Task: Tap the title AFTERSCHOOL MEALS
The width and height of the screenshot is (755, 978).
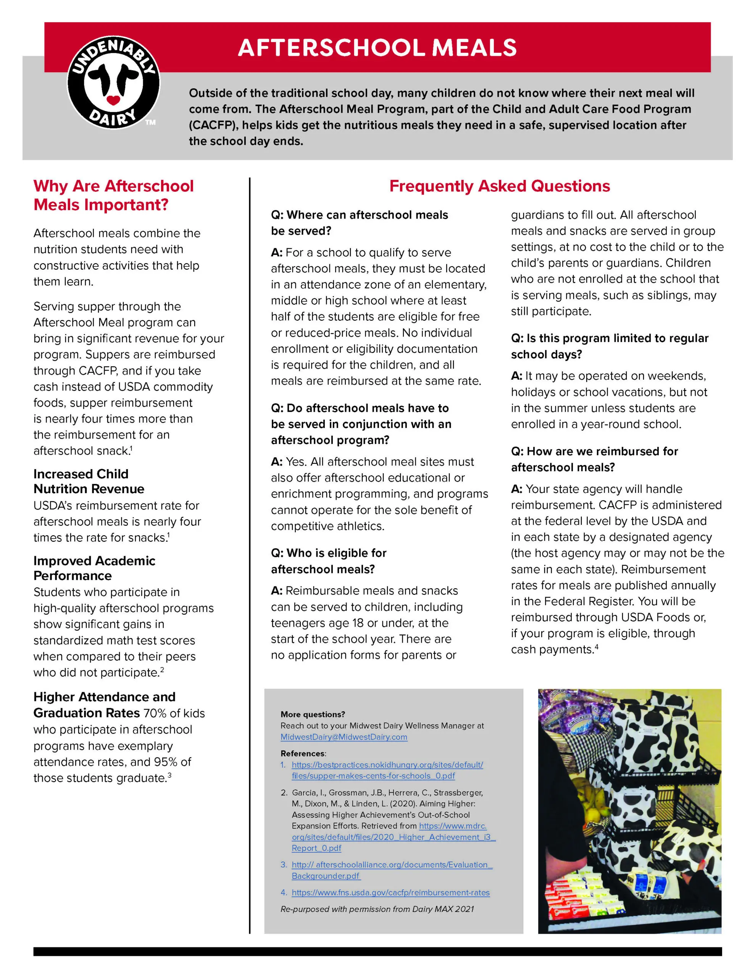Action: pyautogui.click(x=377, y=47)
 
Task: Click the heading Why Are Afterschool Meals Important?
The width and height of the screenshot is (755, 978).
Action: pyautogui.click(x=113, y=195)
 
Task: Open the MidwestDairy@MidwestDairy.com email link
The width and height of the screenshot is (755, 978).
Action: pyautogui.click(x=344, y=737)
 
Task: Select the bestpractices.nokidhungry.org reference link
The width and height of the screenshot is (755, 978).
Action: pyautogui.click(x=387, y=770)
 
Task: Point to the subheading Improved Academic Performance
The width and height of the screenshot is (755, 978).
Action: pyautogui.click(x=94, y=568)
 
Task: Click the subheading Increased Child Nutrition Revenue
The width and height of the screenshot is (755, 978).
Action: pyautogui.click(x=89, y=481)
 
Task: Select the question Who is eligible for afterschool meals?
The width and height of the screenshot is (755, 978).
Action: pyautogui.click(x=329, y=561)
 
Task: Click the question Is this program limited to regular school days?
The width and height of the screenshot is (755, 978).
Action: pyautogui.click(x=609, y=346)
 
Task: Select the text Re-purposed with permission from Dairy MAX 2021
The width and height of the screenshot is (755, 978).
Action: pyautogui.click(x=377, y=909)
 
